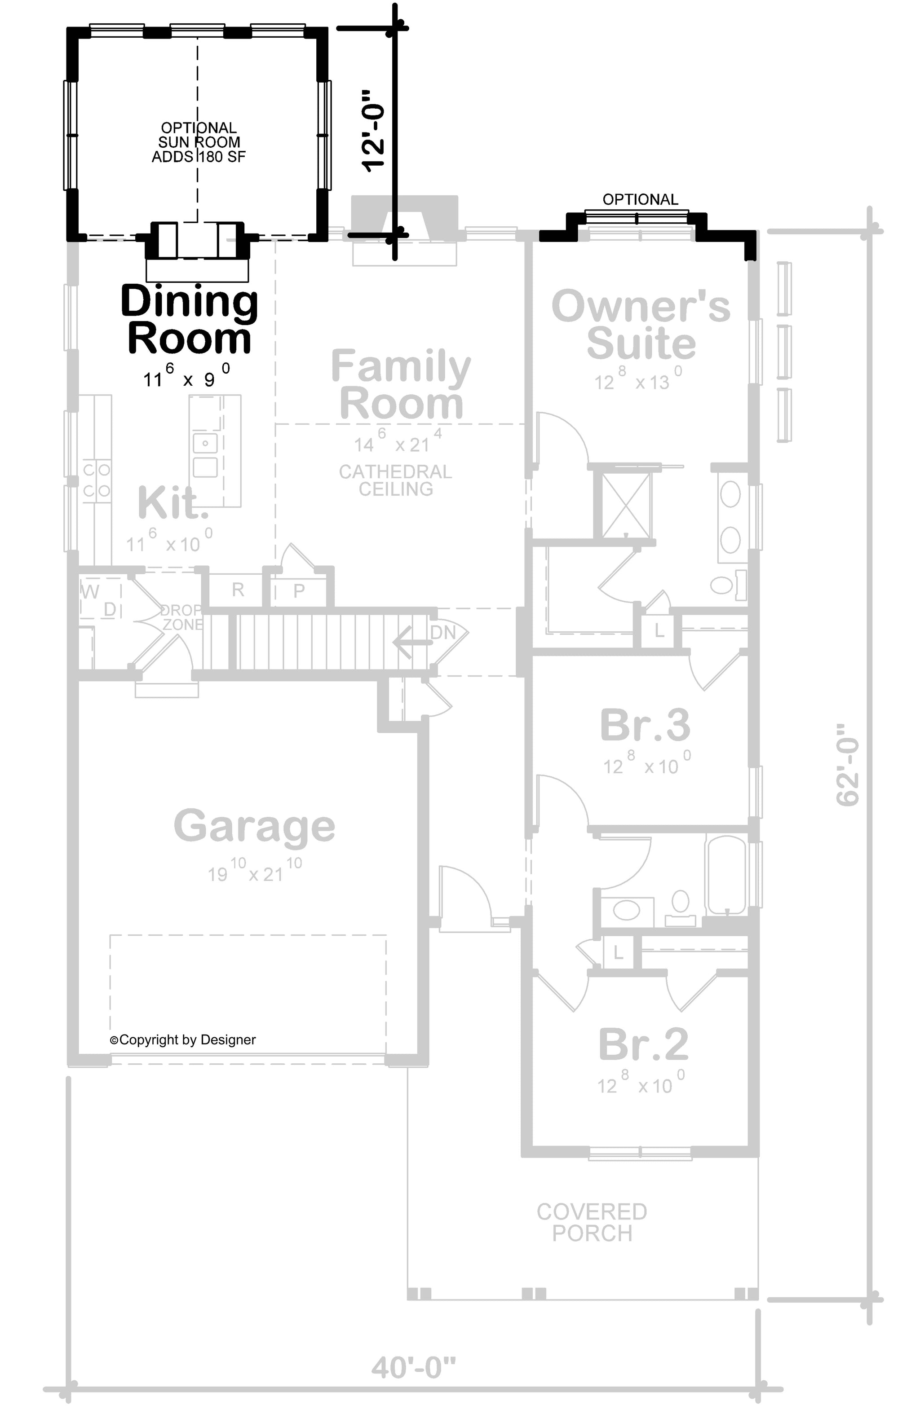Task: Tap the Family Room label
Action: coord(401,384)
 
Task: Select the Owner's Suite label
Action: coord(641,325)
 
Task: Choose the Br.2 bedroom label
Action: coord(643,1044)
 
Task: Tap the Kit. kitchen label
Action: coord(173,502)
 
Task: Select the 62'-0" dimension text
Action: coord(847,765)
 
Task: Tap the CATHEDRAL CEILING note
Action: coord(395,480)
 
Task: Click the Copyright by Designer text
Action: coord(182,1039)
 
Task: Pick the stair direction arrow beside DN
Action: coord(412,642)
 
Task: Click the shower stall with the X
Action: coord(625,505)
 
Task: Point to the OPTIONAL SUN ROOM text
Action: coord(199,142)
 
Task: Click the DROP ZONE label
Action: coord(181,617)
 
